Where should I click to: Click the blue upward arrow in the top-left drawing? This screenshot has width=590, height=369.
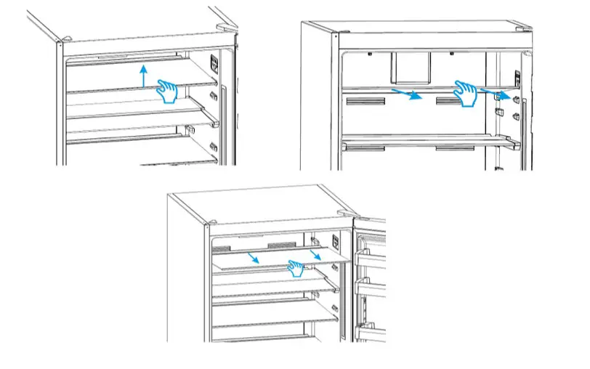pyautogui.click(x=144, y=76)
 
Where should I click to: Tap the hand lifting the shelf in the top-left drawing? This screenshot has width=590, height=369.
pyautogui.click(x=169, y=91)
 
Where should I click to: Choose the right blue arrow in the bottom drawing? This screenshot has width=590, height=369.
pyautogui.click(x=315, y=254)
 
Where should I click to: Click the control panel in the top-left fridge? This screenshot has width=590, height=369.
pyautogui.click(x=214, y=63)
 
